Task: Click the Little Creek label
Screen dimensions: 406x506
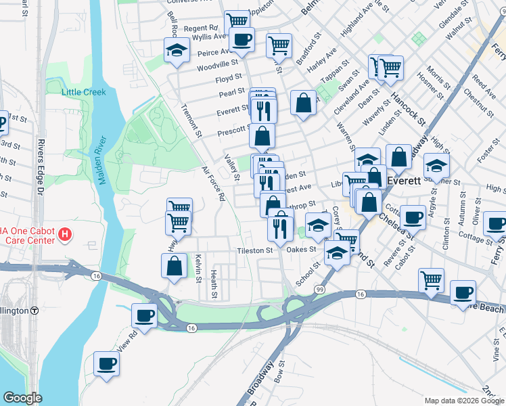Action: click(84, 92)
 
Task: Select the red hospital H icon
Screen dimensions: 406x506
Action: click(65, 235)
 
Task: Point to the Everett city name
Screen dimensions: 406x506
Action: click(405, 181)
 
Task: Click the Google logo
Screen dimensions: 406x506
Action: click(23, 398)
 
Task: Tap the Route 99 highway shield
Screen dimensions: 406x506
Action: click(319, 290)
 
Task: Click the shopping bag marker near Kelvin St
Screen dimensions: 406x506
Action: click(175, 265)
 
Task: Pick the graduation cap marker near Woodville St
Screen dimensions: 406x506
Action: click(177, 50)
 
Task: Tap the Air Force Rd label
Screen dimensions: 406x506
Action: click(212, 184)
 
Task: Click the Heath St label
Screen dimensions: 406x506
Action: click(213, 283)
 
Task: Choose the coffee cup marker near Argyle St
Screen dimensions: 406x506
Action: click(412, 218)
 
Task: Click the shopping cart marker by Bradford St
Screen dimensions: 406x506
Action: click(279, 45)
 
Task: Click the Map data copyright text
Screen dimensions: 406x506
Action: click(464, 400)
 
